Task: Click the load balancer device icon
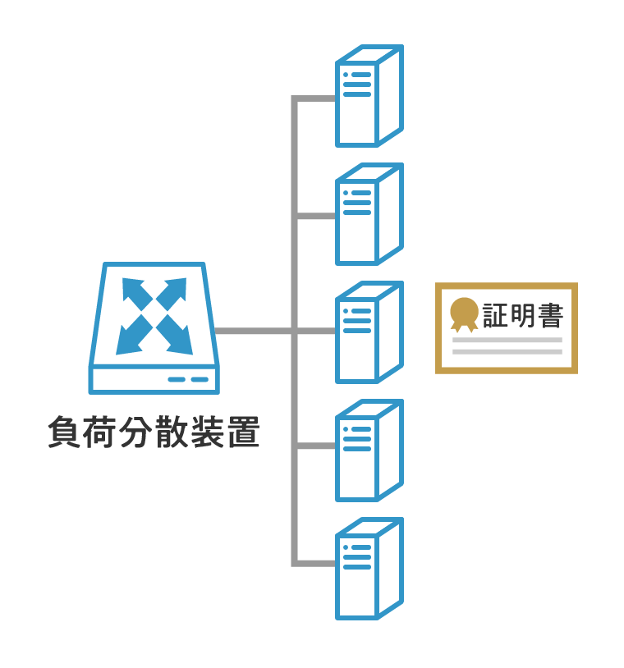(154, 328)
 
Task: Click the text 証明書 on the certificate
(522, 315)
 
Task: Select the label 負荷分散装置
(154, 432)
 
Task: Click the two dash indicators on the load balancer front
(188, 379)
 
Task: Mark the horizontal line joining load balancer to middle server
(255, 332)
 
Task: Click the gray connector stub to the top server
(315, 99)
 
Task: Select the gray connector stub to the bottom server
(315, 563)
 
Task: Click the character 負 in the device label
(64, 432)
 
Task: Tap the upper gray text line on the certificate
(507, 340)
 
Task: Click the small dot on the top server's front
(346, 75)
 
